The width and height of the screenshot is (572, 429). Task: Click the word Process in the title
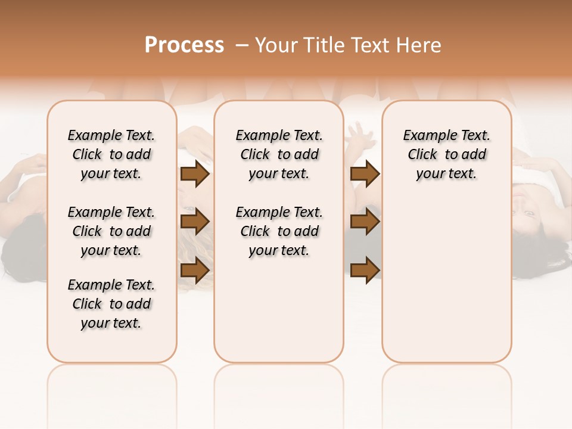pyautogui.click(x=184, y=45)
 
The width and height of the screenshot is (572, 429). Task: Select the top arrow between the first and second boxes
pyautogui.click(x=195, y=174)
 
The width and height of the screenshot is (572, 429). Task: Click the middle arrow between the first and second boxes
pyautogui.click(x=195, y=222)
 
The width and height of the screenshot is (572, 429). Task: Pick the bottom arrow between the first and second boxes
pyautogui.click(x=195, y=270)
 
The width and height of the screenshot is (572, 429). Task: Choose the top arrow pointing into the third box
pyautogui.click(x=365, y=174)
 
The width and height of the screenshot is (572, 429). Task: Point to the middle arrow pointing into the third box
pyautogui.click(x=365, y=222)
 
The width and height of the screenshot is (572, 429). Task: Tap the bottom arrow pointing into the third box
pyautogui.click(x=365, y=270)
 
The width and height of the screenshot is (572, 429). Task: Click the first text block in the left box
pyautogui.click(x=111, y=154)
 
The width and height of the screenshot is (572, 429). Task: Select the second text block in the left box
pyautogui.click(x=111, y=231)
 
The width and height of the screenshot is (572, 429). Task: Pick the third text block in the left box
pyautogui.click(x=111, y=304)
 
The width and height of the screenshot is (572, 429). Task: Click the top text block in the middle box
pyautogui.click(x=279, y=154)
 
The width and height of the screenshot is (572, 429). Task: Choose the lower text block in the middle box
pyautogui.click(x=279, y=231)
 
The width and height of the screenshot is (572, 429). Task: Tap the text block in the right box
pyautogui.click(x=447, y=154)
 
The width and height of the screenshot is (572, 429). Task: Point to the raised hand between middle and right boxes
pyautogui.click(x=360, y=135)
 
